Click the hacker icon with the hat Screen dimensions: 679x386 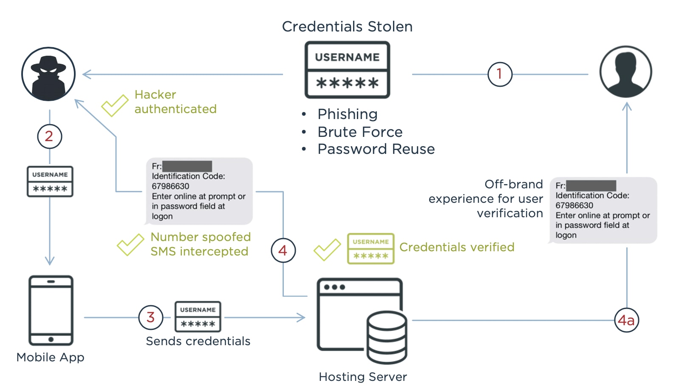48,74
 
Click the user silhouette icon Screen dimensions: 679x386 625,72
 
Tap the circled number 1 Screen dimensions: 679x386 500,74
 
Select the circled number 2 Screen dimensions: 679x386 49,136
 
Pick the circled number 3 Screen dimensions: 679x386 150,317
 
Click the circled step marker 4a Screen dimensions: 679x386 626,320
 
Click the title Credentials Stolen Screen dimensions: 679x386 347,26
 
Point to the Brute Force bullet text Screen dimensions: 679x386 360,132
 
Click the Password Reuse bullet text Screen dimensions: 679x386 376,149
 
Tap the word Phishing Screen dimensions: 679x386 348,114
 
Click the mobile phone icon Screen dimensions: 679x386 51,310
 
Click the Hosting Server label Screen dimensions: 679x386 362,377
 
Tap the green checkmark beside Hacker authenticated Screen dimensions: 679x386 114,105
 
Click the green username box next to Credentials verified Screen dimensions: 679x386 371,249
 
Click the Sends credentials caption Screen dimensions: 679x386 198,341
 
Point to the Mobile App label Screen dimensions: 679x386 50,357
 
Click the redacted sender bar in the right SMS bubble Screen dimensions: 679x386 591,185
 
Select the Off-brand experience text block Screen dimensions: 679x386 486,199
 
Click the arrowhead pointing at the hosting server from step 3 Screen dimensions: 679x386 301,317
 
